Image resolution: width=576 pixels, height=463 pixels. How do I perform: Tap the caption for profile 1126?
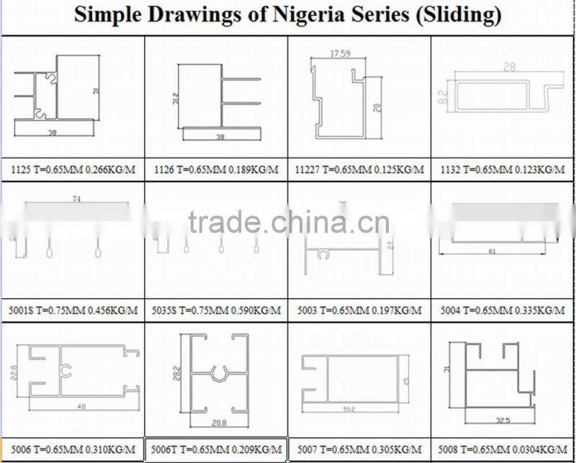click(216, 170)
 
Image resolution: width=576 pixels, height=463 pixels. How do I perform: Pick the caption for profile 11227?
click(359, 170)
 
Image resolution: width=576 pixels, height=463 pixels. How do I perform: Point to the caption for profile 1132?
click(503, 170)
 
